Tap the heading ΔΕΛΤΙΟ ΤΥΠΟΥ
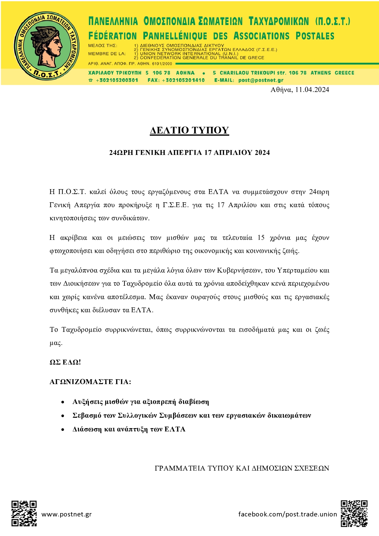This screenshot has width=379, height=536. point(189,130)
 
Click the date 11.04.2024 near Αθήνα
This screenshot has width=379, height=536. point(312,90)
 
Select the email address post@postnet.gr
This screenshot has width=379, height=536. point(261,80)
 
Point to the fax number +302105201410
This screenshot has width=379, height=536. point(183,80)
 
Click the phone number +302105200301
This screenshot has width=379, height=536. point(117,80)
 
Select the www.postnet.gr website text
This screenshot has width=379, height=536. point(66,514)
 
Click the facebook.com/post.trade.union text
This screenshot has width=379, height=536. point(287,514)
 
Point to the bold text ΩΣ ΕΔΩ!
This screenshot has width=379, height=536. point(65,362)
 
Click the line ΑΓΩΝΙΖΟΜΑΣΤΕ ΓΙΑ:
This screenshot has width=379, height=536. point(90,382)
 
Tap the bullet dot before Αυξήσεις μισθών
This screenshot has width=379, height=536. point(63,402)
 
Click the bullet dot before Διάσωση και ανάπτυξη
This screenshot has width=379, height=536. point(63,430)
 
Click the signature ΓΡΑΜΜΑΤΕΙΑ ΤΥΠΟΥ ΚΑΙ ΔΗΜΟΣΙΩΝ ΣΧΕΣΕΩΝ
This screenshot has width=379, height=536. point(242,468)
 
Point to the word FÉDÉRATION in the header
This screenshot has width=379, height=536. point(112,36)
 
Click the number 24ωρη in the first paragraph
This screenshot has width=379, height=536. point(319,192)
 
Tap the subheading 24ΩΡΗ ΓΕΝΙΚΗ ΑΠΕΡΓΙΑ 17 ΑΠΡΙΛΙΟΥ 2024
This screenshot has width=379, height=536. point(189,153)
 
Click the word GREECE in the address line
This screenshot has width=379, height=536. point(344,73)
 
